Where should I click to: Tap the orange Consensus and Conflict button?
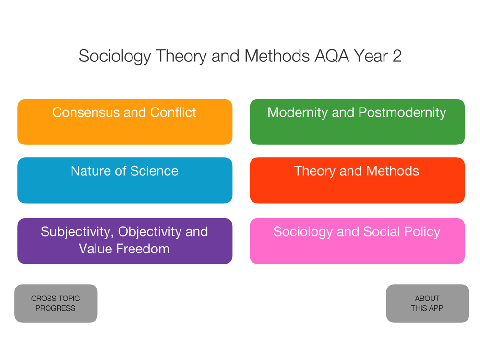[125, 122]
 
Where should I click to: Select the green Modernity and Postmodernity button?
[357, 122]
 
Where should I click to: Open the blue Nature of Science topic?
[125, 180]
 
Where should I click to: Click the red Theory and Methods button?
[357, 180]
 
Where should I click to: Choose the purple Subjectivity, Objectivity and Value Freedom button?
[125, 241]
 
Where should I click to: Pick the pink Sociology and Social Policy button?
[357, 241]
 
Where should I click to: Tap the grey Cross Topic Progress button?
[56, 303]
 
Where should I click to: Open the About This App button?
[428, 303]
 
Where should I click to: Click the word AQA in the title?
[332, 56]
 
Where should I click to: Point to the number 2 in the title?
[397, 56]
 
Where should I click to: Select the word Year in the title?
[371, 56]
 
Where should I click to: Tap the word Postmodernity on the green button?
[402, 113]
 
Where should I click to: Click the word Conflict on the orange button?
[173, 112]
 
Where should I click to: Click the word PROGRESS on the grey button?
[55, 308]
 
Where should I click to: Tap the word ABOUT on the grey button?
[427, 299]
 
